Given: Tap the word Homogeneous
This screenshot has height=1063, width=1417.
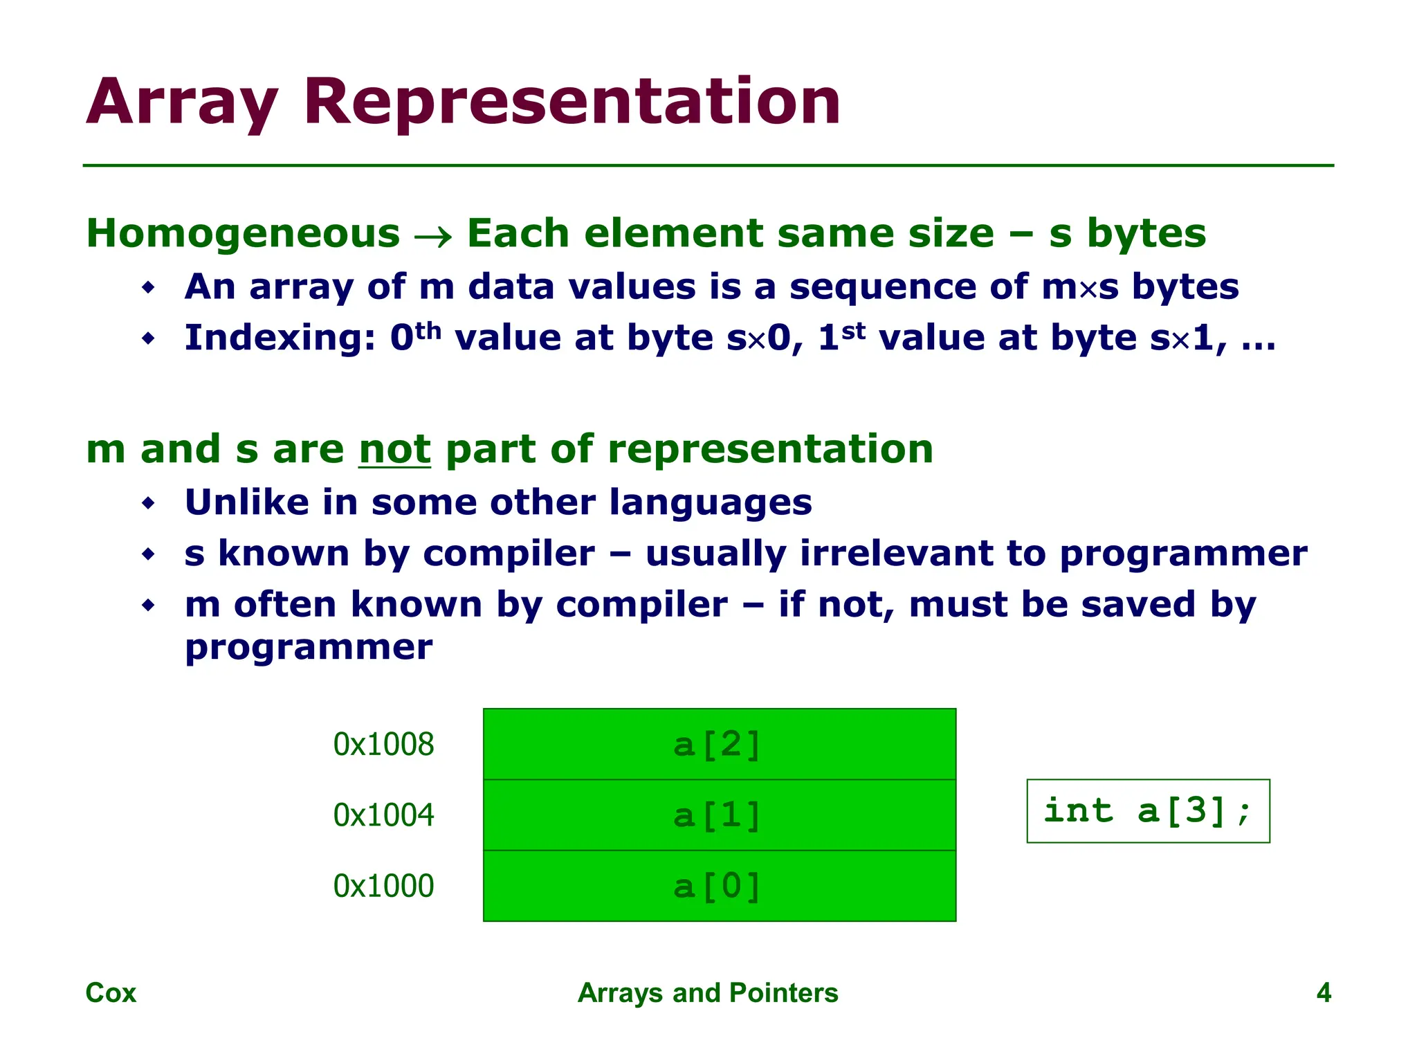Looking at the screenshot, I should point(243,233).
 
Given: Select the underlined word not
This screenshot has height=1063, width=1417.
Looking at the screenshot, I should point(394,449).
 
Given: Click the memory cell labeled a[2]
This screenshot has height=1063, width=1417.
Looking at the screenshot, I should point(719,744).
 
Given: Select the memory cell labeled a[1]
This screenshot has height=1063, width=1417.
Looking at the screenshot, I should point(719,815).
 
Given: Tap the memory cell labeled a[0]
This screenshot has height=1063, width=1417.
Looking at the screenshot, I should point(719,886).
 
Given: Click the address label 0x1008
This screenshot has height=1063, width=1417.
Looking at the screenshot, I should point(383,744).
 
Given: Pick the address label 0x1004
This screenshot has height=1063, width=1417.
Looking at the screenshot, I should point(383,815).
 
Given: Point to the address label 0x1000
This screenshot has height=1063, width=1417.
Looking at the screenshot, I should point(383,886).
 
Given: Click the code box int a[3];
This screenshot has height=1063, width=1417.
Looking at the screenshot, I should point(1148,811).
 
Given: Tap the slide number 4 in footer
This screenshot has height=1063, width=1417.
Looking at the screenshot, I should point(1323,992).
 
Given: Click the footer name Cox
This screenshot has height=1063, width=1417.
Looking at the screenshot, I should point(111,992).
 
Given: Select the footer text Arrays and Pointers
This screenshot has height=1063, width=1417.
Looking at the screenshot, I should point(708,992).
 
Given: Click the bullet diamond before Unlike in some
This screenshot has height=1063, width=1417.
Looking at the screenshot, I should point(148,503).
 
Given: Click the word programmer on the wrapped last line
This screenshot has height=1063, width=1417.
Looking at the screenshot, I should point(309,648).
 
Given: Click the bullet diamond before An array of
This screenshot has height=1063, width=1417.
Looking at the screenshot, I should point(148,287).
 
